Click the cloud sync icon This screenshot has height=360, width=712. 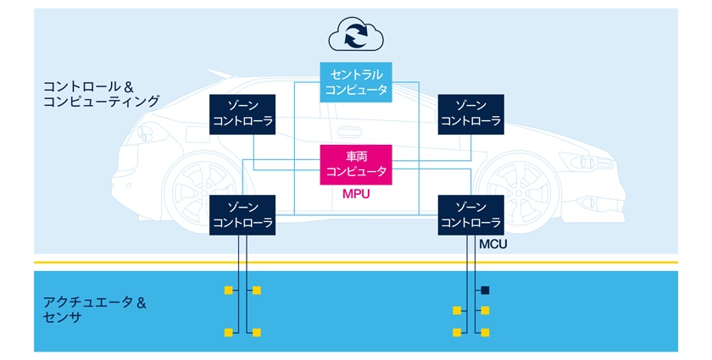356,36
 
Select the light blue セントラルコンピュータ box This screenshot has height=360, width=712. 356,82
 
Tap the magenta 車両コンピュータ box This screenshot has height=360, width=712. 356,164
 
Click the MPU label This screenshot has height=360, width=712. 356,194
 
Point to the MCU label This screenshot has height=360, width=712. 492,244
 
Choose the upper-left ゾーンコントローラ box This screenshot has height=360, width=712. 242,113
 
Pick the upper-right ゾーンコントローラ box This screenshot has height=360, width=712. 471,113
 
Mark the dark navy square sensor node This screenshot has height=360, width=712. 486,291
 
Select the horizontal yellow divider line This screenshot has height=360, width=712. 356,263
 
